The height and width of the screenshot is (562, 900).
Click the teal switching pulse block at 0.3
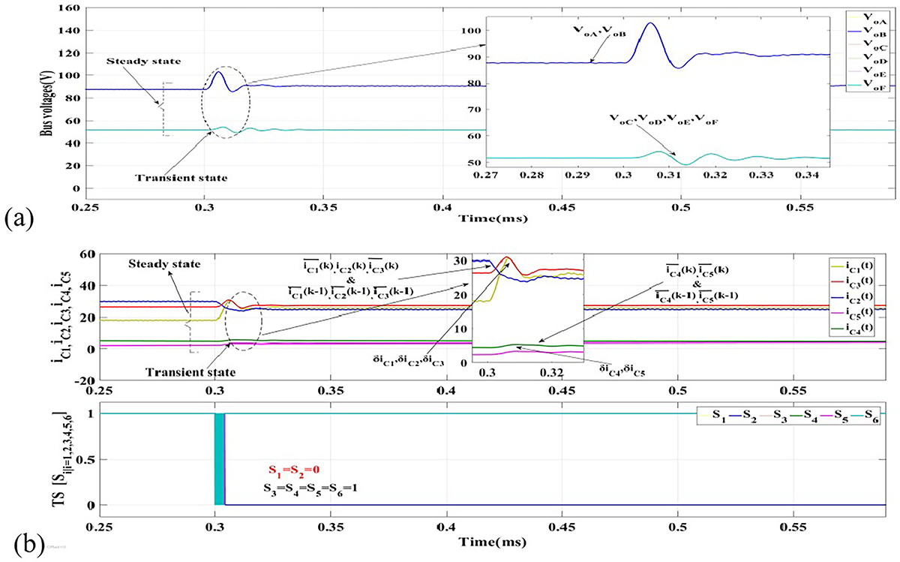pos(220,458)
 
